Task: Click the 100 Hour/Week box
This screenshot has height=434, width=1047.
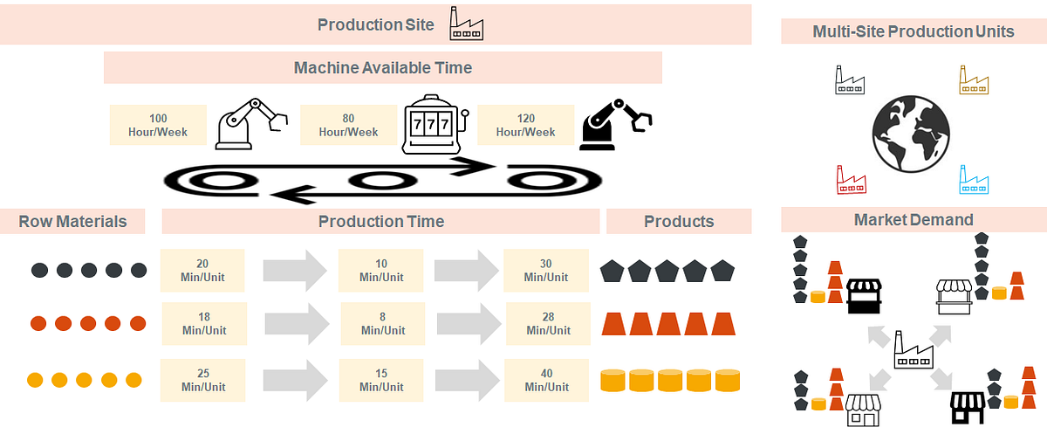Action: pyautogui.click(x=158, y=125)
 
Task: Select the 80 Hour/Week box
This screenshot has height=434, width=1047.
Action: pyautogui.click(x=348, y=125)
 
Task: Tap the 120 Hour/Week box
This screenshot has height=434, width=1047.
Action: pyautogui.click(x=526, y=125)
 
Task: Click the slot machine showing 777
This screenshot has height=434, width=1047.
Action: pyautogui.click(x=435, y=124)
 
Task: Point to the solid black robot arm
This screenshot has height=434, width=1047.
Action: pyautogui.click(x=616, y=124)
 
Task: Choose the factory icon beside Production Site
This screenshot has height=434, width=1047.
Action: pyautogui.click(x=467, y=24)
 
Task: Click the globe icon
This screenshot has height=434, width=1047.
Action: pyautogui.click(x=911, y=134)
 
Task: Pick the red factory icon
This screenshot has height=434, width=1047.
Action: pyautogui.click(x=852, y=180)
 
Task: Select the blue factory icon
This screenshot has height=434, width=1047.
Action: pyautogui.click(x=974, y=180)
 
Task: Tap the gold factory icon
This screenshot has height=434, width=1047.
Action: pyautogui.click(x=974, y=80)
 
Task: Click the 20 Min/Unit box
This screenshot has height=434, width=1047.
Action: pyautogui.click(x=202, y=271)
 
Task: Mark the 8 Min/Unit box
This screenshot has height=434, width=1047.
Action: pyautogui.click(x=383, y=324)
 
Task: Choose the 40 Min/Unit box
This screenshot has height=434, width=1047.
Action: pyautogui.click(x=546, y=380)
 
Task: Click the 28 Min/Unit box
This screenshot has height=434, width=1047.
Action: pyautogui.click(x=548, y=324)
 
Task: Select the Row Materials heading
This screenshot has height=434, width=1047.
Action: pyautogui.click(x=72, y=221)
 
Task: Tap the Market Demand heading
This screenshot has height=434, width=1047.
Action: pyautogui.click(x=914, y=220)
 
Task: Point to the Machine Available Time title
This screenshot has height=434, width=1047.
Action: pyautogui.click(x=383, y=68)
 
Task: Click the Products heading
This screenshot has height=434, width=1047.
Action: pyautogui.click(x=679, y=221)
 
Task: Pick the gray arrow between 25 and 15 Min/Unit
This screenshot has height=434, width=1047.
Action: pyautogui.click(x=296, y=380)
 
